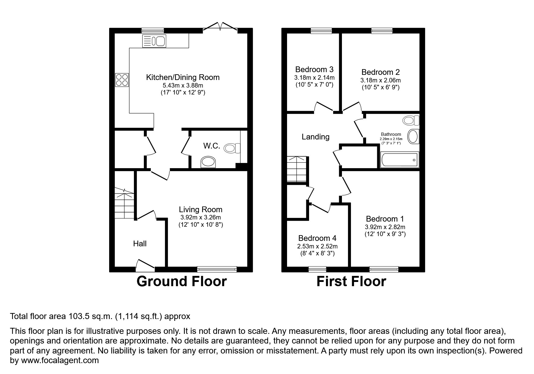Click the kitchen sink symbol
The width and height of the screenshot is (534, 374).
[154, 41]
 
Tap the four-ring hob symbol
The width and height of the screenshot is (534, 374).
[122, 80]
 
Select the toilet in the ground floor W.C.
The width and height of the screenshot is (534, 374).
[232, 148]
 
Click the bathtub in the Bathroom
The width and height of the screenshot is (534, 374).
[399, 160]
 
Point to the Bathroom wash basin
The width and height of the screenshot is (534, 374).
[413, 136]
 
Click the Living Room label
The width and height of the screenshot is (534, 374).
[201, 209]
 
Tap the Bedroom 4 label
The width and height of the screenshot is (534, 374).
[317, 238]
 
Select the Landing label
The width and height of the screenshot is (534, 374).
[315, 137]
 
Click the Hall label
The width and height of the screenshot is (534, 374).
[140, 244]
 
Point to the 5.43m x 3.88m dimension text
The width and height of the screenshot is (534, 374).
[183, 85]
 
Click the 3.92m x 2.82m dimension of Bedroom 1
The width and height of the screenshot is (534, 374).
[385, 227]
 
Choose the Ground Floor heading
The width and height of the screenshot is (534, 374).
[182, 281]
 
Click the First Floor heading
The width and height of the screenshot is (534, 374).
[351, 281]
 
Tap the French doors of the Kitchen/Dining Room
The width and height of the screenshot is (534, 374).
[220, 27]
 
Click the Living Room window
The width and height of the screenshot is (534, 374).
[217, 269]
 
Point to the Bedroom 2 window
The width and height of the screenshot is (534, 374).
[382, 30]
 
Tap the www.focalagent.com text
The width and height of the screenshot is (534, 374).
[59, 360]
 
